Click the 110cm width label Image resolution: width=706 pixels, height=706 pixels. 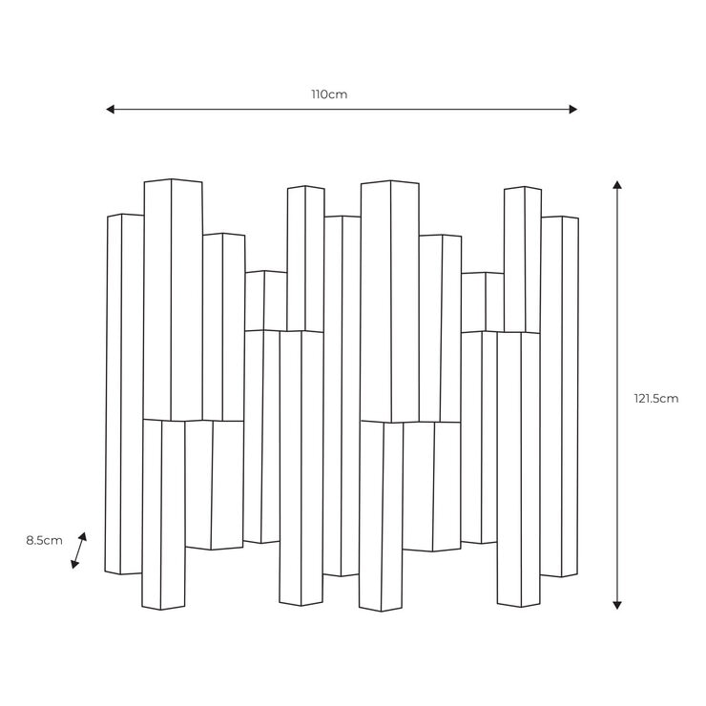(329, 94)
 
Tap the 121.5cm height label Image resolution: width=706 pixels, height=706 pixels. (656, 399)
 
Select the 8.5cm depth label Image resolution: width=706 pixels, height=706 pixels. (44, 540)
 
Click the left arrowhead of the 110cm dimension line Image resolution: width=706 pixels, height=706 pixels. (111, 109)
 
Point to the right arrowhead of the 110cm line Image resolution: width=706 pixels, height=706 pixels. (572, 109)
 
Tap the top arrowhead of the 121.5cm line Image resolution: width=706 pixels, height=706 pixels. (617, 184)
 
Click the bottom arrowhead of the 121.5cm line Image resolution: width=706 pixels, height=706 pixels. (617, 605)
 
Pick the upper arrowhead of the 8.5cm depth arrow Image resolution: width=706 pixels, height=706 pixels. (83, 536)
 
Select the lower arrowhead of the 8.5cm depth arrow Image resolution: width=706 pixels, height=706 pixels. (74, 564)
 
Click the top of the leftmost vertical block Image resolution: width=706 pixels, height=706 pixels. (125, 216)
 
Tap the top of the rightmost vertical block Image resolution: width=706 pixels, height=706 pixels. (560, 218)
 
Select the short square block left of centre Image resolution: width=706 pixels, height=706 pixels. (266, 301)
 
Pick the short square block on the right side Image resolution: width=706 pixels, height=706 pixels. (482, 302)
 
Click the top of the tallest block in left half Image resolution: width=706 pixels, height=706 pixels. (173, 181)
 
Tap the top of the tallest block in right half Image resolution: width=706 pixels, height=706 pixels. (390, 183)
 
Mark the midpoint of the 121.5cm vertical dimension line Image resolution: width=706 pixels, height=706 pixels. (617, 395)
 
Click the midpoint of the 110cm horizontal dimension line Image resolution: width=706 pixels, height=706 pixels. (342, 109)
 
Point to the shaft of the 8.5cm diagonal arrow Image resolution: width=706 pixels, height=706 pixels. (79, 550)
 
